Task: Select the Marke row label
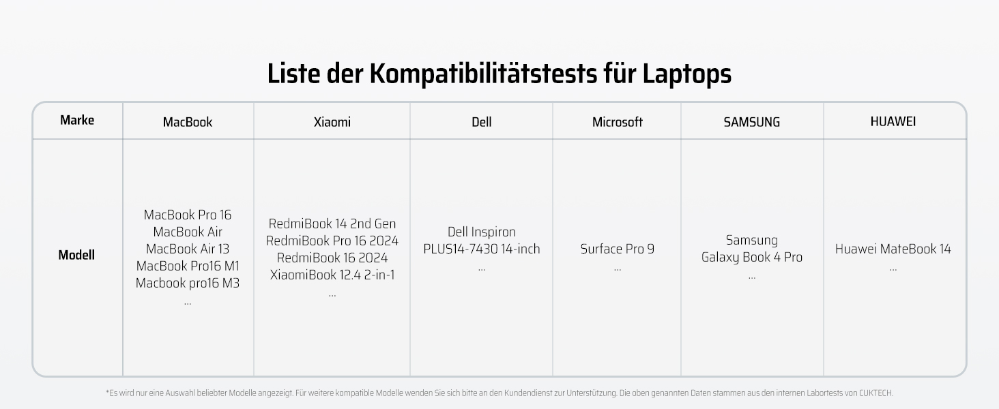coord(77,121)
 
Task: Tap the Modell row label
coord(76,255)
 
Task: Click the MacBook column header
coord(188,122)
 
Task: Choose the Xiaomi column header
coord(332,122)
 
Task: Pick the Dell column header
coord(481,122)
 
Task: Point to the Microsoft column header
coord(617,122)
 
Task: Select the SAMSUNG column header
coord(751,122)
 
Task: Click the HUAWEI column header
coord(893,121)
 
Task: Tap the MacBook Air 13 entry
coord(188,249)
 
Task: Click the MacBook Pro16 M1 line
coord(188,266)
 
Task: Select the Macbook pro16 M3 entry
coord(188,283)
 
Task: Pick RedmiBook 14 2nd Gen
coord(332,224)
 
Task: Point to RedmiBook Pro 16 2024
coord(332,241)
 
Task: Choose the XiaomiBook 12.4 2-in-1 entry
coord(332,275)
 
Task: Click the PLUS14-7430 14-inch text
coord(481,249)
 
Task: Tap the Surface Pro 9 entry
coord(617,249)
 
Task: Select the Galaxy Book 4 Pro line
coord(751,257)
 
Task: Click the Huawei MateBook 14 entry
coord(893,249)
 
